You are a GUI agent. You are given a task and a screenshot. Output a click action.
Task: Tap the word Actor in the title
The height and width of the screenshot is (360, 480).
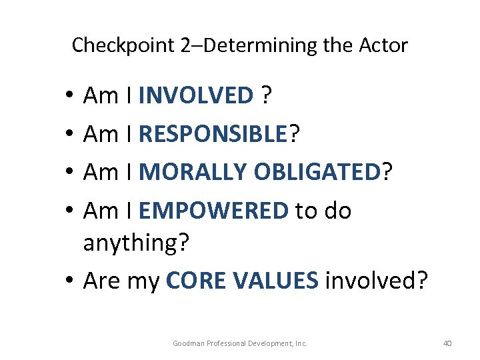pyautogui.click(x=383, y=46)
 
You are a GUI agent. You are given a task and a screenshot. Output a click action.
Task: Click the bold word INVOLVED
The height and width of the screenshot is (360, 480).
pyautogui.click(x=196, y=96)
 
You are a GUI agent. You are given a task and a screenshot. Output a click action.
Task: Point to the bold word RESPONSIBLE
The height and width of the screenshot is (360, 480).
pyautogui.click(x=213, y=135)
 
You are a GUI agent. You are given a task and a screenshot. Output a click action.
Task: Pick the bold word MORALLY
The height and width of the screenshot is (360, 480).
pyautogui.click(x=193, y=173)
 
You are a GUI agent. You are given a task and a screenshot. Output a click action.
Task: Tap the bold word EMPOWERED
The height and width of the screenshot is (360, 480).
pyautogui.click(x=213, y=211)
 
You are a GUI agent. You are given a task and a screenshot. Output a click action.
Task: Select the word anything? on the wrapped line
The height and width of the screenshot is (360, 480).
pyautogui.click(x=137, y=243)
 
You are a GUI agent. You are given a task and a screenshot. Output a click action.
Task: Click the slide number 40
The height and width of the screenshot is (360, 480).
pyautogui.click(x=447, y=343)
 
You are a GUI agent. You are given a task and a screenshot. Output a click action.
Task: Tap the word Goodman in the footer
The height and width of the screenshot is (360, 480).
pyautogui.click(x=189, y=343)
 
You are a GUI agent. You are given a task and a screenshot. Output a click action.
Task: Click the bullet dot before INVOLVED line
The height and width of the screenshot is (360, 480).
pyautogui.click(x=70, y=97)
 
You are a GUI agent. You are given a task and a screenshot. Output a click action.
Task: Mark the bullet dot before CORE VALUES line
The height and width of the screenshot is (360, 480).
pyautogui.click(x=70, y=282)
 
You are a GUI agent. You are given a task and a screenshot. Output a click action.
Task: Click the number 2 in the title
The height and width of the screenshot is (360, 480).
pyautogui.click(x=186, y=46)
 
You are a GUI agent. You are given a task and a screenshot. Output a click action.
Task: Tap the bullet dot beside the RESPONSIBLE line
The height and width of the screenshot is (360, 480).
pyautogui.click(x=70, y=136)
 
